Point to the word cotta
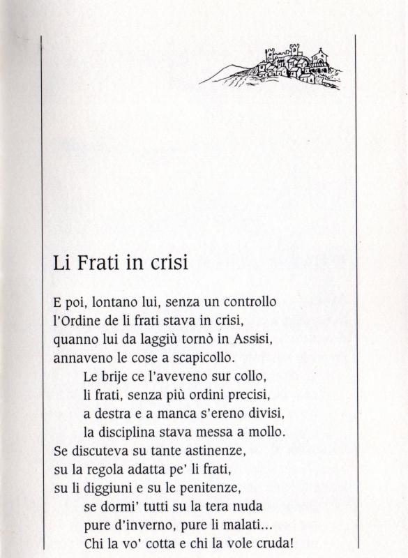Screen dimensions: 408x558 (x=146, y=542)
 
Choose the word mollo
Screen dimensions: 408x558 (x=267, y=430)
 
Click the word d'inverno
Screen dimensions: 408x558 (x=141, y=524)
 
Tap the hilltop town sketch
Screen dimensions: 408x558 (x=282, y=66)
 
